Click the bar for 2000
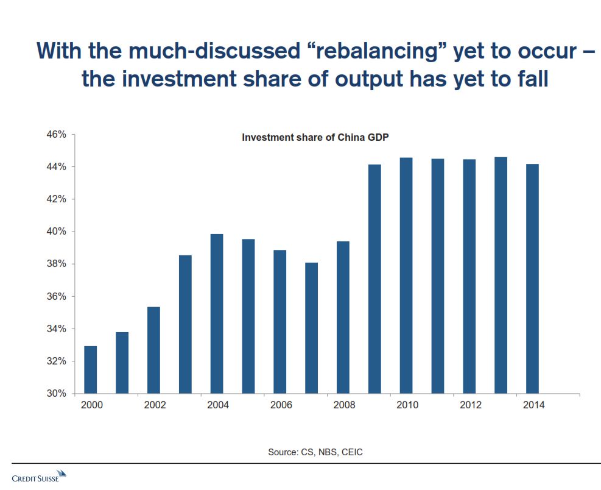[91, 370]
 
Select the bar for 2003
[185, 324]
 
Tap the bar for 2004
[217, 314]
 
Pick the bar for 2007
[312, 328]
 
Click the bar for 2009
[374, 279]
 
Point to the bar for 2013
[501, 275]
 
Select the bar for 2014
[532, 279]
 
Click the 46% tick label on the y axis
[57, 134]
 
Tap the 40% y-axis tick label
[57, 232]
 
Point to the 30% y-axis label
[57, 393]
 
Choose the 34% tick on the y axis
[57, 329]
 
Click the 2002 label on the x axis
[155, 405]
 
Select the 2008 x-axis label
[344, 405]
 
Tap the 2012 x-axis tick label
[470, 405]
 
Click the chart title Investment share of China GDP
[315, 137]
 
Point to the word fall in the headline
[533, 79]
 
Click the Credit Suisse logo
[39, 476]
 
